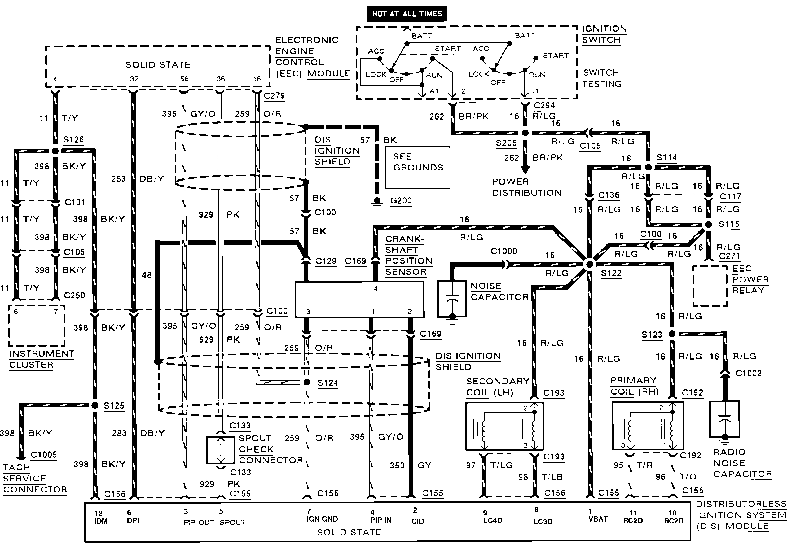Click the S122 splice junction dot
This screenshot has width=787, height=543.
click(x=590, y=264)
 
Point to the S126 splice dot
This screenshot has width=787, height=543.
click(x=55, y=151)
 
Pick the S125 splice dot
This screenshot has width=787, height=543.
click(x=95, y=405)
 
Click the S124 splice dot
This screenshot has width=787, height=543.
click(x=306, y=382)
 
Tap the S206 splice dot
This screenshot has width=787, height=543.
click(x=525, y=133)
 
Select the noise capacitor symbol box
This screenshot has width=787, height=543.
click(x=452, y=298)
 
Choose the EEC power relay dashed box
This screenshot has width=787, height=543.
click(x=710, y=286)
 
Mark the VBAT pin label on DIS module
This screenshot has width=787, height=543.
click(x=598, y=519)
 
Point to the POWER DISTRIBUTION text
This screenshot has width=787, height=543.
click(x=526, y=187)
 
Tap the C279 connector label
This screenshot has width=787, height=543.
click(x=274, y=96)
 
